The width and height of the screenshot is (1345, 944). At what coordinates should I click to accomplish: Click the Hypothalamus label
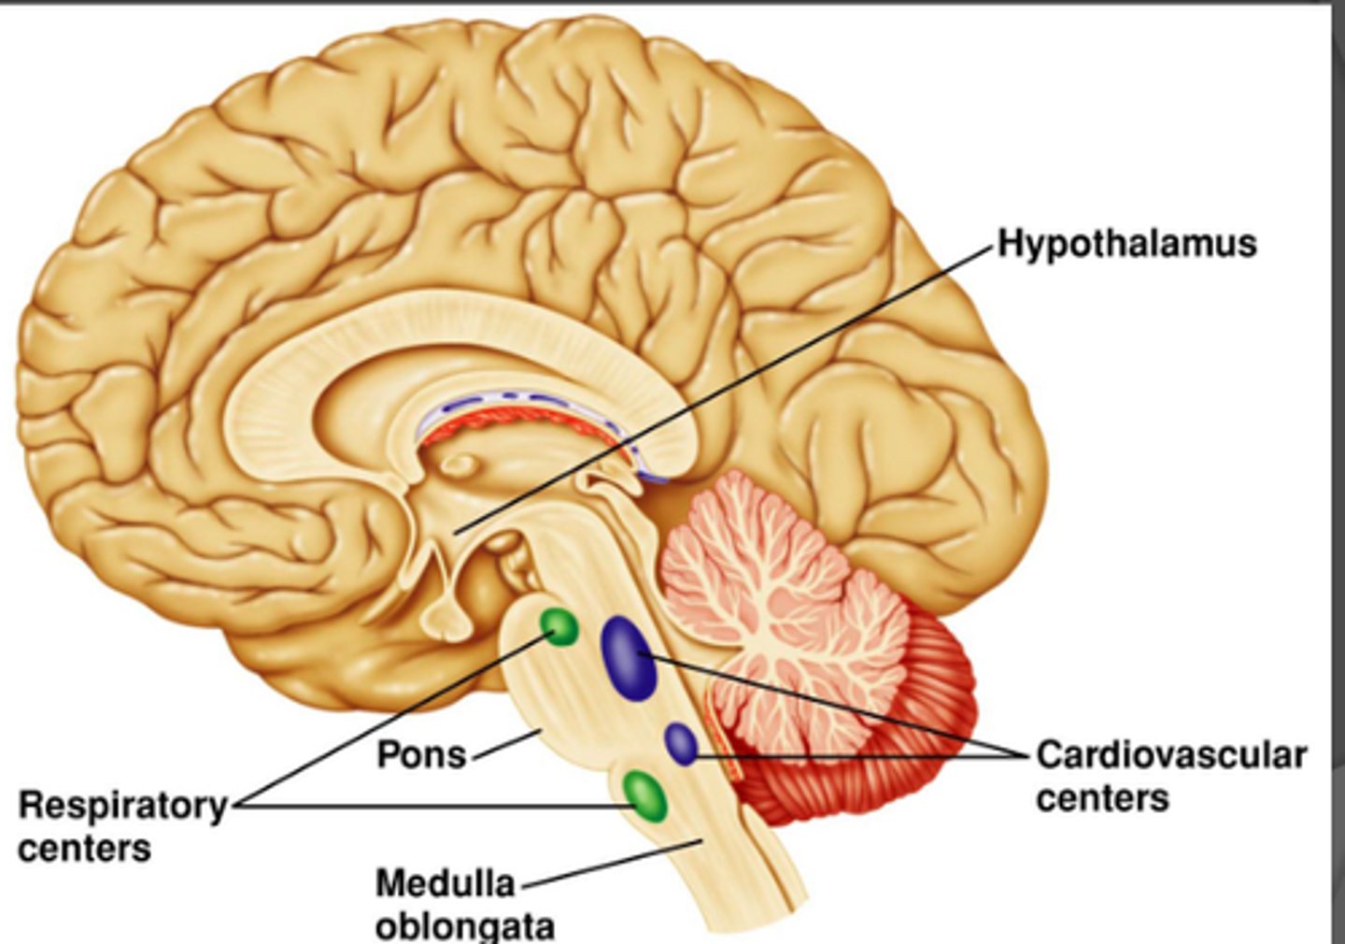1127,244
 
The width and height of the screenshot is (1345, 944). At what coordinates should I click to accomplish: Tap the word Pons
421,754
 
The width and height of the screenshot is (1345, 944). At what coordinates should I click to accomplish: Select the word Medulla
446,883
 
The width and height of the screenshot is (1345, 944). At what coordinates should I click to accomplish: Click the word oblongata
465,926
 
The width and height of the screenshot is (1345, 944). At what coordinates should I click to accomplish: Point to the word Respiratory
122,805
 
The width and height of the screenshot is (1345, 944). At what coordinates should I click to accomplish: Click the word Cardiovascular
1171,755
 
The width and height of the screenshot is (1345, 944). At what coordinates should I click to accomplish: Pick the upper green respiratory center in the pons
559,626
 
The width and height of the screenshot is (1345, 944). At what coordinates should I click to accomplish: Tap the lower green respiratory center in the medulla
644,795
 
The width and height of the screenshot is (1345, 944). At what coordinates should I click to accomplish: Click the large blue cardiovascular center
628,658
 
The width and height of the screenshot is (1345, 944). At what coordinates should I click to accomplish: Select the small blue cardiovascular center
681,744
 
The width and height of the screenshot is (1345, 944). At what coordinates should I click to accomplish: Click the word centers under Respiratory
84,849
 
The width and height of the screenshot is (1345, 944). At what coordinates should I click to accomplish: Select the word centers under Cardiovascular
1102,799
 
